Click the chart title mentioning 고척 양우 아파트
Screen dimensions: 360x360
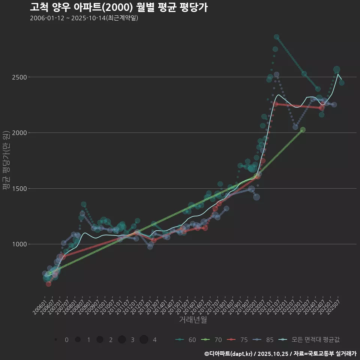(x=118, y=7)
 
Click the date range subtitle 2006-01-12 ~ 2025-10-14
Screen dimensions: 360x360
(x=84, y=18)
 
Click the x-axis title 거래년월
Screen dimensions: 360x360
(x=193, y=319)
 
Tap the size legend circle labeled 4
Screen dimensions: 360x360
(x=144, y=340)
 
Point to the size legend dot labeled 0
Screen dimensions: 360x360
(x=56, y=340)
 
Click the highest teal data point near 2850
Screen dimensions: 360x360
(x=276, y=37)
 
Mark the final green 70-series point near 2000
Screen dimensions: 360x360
(x=303, y=130)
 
